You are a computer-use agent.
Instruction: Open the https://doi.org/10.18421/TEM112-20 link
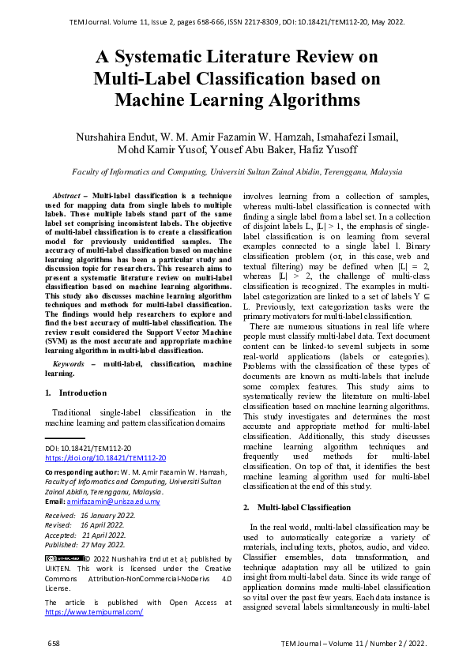pyautogui.click(x=105, y=457)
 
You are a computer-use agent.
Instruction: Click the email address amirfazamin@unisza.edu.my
pyautogui.click(x=115, y=502)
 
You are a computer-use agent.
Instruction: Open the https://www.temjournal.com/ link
pyautogui.click(x=94, y=612)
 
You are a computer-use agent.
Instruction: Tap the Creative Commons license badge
pyautogui.click(x=64, y=558)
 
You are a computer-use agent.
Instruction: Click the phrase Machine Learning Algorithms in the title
pyautogui.click(x=237, y=100)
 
